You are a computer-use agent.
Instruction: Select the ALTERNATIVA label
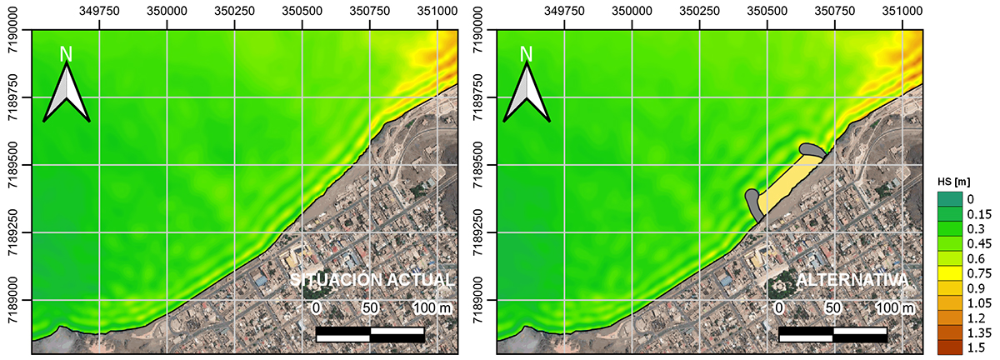click(851, 280)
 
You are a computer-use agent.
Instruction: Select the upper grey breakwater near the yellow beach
click(811, 150)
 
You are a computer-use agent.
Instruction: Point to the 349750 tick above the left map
click(99, 12)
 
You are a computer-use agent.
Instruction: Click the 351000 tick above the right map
click(902, 12)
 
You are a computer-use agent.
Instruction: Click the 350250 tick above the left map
click(235, 12)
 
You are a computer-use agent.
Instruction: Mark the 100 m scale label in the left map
click(432, 308)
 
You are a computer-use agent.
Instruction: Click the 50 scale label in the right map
click(832, 308)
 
